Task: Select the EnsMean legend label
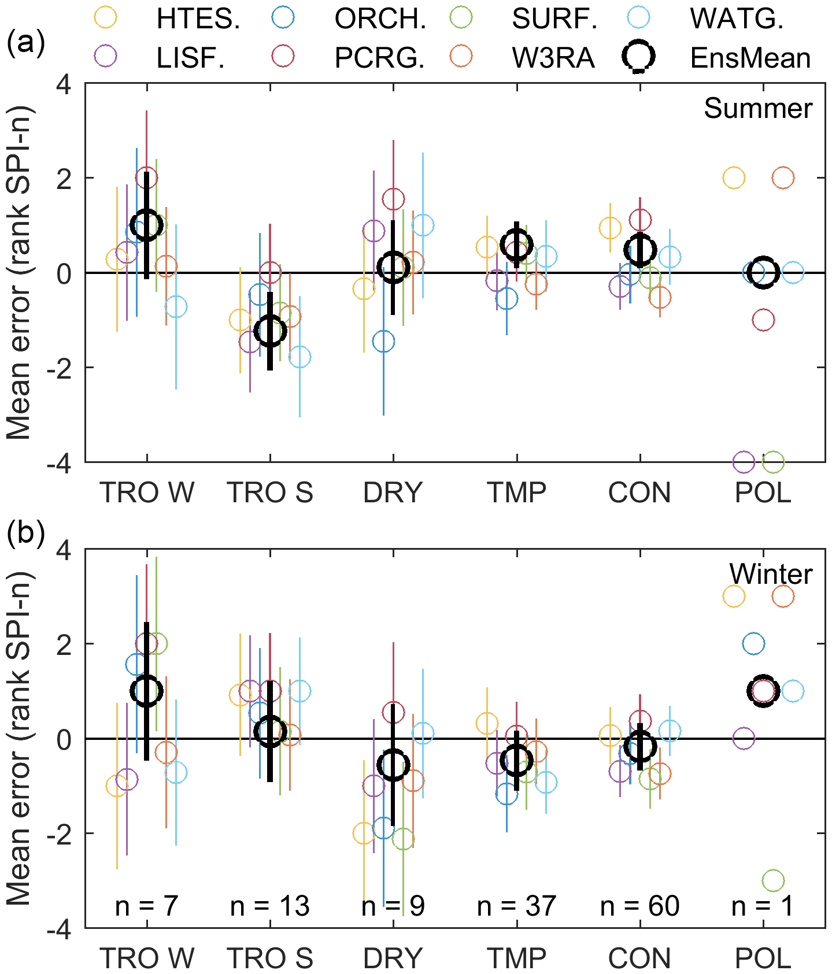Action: (x=750, y=58)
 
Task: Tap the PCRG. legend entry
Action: (x=379, y=58)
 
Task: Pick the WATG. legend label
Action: (x=737, y=19)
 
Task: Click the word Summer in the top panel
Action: (x=757, y=108)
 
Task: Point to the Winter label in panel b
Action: (x=770, y=574)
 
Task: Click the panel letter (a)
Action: (x=25, y=43)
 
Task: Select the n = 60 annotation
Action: (x=639, y=906)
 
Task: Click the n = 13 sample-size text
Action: (x=269, y=906)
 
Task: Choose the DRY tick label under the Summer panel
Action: (x=393, y=492)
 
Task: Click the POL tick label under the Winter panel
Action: (x=763, y=958)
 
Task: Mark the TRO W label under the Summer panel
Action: (x=147, y=492)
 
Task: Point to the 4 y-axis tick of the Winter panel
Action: (x=64, y=550)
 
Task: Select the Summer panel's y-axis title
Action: (x=19, y=273)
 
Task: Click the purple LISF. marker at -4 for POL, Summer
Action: (x=744, y=462)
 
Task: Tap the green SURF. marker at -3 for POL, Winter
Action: (x=773, y=881)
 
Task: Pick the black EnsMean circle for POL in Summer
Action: (x=763, y=272)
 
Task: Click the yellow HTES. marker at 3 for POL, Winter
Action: (x=734, y=597)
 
